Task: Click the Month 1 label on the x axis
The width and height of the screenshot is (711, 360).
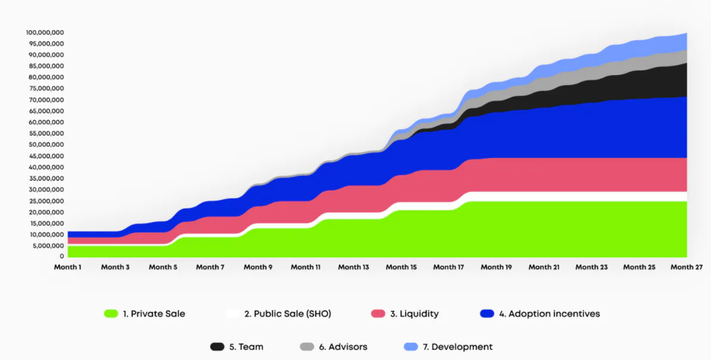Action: click(x=67, y=267)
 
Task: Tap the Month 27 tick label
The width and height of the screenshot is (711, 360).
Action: click(x=686, y=267)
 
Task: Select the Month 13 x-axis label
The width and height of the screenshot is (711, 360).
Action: click(x=353, y=267)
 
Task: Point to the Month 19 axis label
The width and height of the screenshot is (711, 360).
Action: click(x=496, y=267)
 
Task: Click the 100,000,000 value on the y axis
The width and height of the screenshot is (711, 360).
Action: click(x=45, y=33)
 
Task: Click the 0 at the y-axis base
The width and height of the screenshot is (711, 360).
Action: click(x=62, y=257)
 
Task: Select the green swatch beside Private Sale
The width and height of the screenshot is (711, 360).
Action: click(x=111, y=314)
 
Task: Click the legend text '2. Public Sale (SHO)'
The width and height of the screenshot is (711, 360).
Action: click(x=288, y=314)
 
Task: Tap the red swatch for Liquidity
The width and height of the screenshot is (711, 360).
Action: click(x=378, y=314)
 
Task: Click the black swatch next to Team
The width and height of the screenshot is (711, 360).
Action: click(x=217, y=347)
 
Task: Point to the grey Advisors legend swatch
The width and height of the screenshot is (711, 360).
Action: click(x=307, y=347)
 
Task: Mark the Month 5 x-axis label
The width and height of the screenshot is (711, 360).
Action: click(x=162, y=267)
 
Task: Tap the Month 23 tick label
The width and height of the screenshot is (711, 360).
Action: click(x=591, y=267)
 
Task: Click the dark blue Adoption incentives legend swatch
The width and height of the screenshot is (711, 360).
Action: click(x=487, y=314)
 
